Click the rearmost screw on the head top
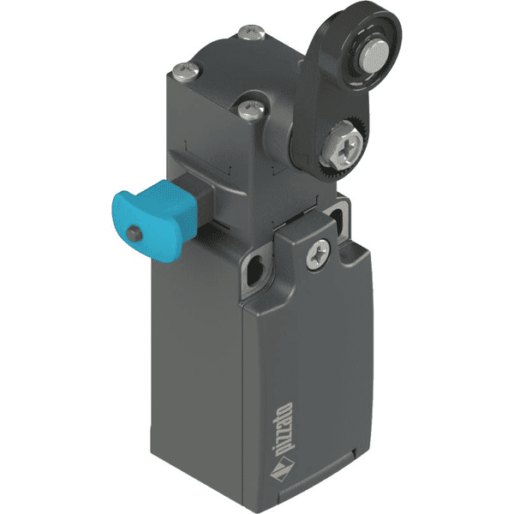(251, 34)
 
